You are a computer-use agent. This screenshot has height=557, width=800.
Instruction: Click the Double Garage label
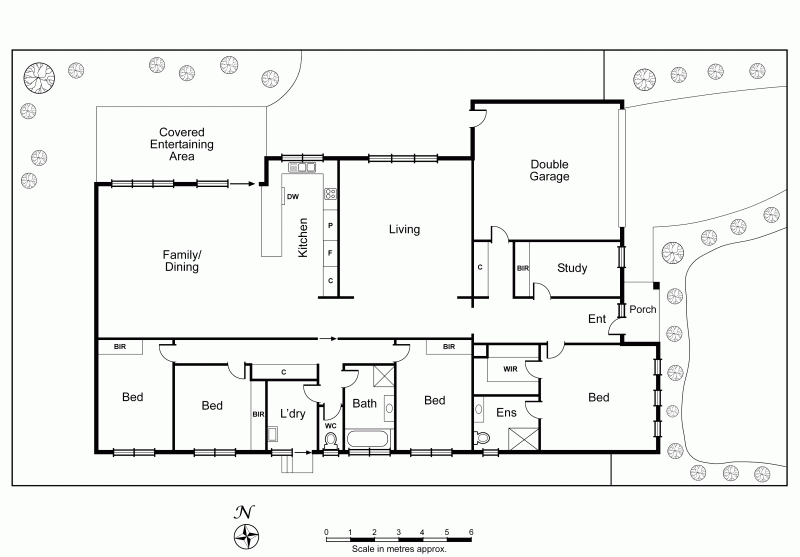549,170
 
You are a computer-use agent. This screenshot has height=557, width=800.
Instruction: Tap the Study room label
572,268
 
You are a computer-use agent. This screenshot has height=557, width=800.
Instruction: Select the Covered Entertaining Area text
182,144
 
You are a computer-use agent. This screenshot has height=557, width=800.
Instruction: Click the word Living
405,229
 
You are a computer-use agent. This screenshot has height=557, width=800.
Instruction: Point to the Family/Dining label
182,261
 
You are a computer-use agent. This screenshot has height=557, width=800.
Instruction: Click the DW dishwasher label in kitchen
293,196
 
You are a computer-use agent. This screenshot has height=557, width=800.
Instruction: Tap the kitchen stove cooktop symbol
330,193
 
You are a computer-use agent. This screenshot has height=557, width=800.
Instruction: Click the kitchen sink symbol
303,167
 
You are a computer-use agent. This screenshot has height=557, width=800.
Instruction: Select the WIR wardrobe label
510,369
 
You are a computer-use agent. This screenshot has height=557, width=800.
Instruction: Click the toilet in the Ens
481,438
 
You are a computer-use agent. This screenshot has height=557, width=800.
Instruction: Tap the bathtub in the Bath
369,439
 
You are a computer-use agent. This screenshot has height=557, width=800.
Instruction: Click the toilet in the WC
331,441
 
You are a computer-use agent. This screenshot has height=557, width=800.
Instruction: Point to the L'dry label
293,413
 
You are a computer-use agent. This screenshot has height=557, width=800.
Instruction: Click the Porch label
642,309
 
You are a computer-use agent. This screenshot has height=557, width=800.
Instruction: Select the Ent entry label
597,319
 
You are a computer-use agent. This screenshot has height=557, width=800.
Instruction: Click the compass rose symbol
246,537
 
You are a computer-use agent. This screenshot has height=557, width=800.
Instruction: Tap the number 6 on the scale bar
471,532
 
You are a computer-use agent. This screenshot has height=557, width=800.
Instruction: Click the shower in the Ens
523,439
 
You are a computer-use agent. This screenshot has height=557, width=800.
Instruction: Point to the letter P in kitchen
330,225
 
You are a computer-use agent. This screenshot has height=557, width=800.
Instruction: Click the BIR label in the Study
522,268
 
